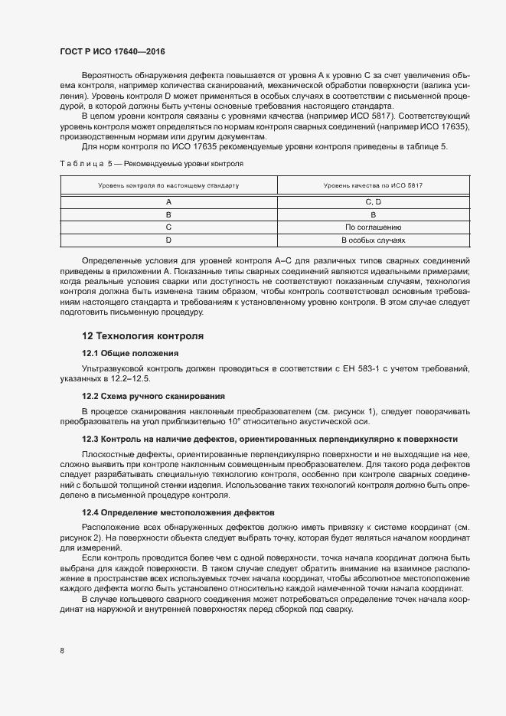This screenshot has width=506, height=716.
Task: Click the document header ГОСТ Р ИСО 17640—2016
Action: (x=113, y=52)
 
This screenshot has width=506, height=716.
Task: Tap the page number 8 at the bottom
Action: (x=62, y=651)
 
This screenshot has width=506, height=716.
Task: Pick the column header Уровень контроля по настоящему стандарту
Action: (x=168, y=186)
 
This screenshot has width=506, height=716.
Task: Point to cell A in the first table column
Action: (x=168, y=201)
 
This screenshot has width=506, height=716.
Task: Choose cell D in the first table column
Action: (x=168, y=240)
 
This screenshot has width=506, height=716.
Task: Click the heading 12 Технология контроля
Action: (x=142, y=336)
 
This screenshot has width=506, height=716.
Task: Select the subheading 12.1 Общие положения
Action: (x=130, y=353)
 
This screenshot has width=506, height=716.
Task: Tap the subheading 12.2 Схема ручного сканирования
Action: (x=153, y=396)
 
